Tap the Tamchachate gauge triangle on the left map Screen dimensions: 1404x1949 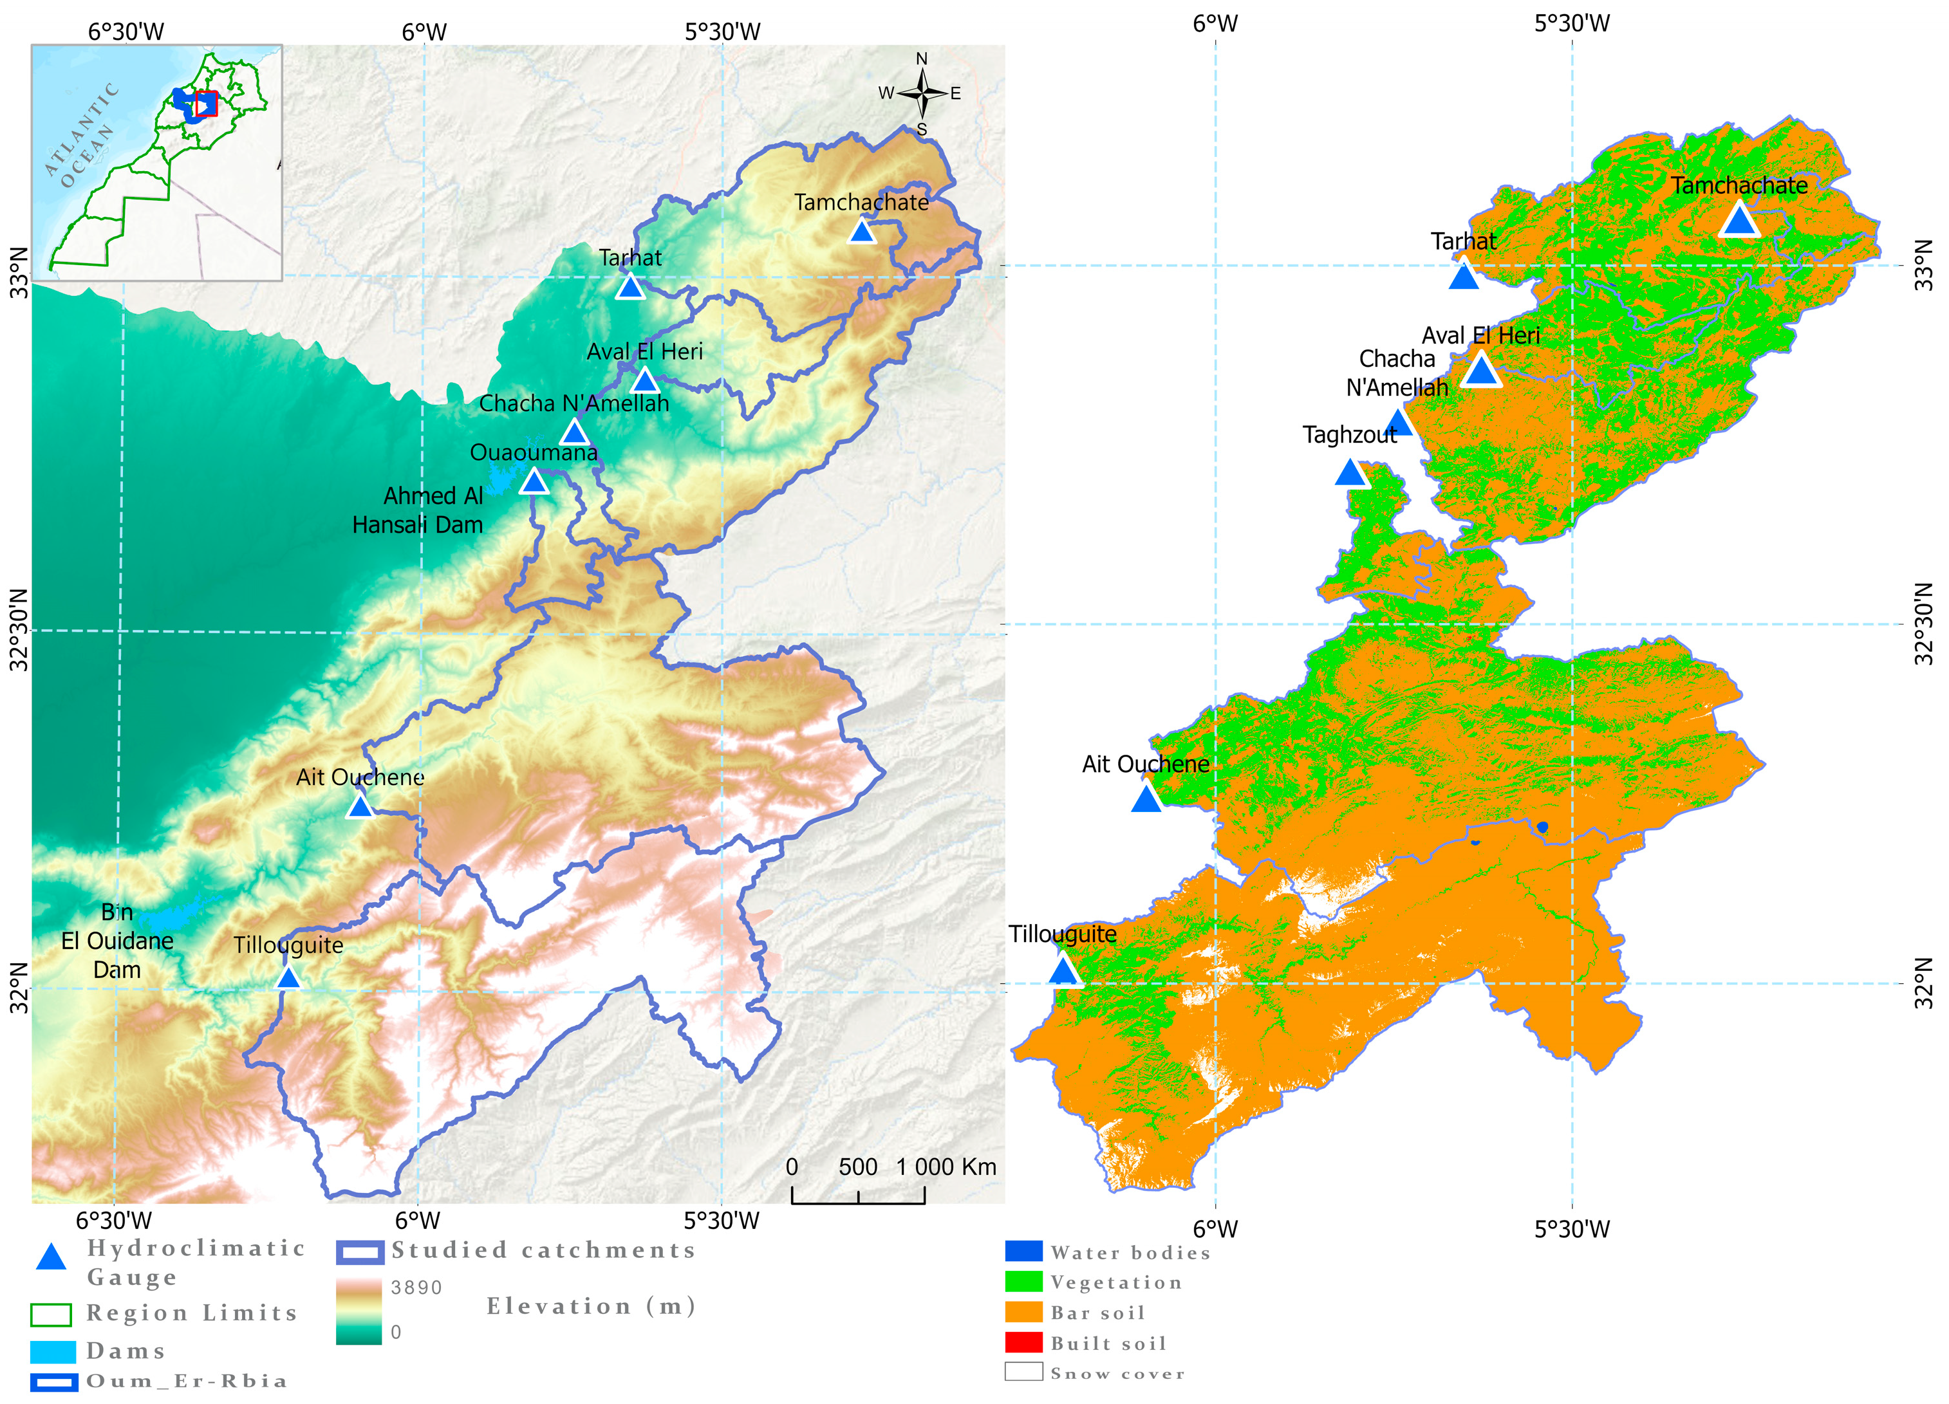tap(861, 231)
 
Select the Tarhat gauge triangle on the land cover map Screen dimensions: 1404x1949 tap(1462, 277)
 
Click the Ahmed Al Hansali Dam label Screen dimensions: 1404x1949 tap(418, 510)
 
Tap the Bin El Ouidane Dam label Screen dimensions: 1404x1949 tap(117, 941)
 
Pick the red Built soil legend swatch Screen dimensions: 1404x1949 tap(1023, 1342)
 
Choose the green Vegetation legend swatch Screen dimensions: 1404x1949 tap(1023, 1281)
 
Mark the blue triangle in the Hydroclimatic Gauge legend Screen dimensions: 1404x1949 tap(51, 1257)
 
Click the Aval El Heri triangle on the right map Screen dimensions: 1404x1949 tap(1480, 371)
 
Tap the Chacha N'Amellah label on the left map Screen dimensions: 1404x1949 tap(574, 403)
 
